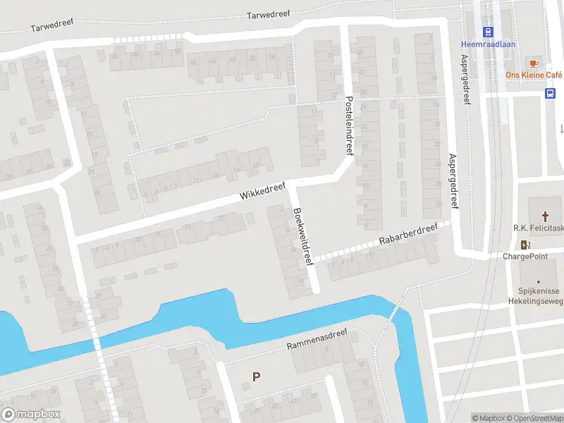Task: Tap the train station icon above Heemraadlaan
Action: (x=486, y=31)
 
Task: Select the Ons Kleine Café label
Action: (x=534, y=75)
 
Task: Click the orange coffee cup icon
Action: (x=534, y=63)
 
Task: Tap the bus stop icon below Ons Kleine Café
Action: (x=550, y=93)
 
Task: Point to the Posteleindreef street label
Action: (x=348, y=125)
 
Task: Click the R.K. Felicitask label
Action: (x=539, y=228)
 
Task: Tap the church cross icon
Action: (x=545, y=216)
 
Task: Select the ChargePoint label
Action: (x=525, y=257)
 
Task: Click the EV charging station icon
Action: (x=525, y=245)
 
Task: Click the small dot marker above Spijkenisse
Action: (x=539, y=281)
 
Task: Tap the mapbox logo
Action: (x=31, y=415)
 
